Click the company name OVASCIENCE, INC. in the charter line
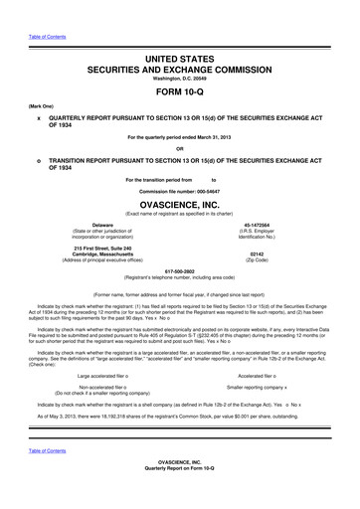(x=179, y=203)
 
